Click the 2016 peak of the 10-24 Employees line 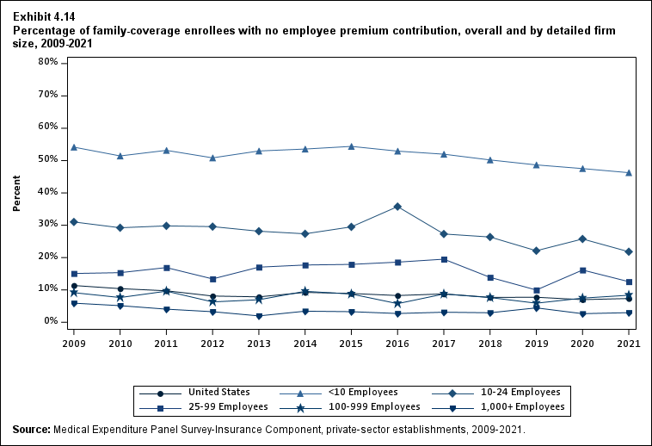[397, 207]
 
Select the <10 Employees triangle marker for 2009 [74, 147]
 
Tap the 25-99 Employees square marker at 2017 [444, 259]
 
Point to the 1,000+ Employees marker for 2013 [259, 316]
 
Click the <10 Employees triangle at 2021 [629, 173]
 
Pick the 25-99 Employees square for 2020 [582, 270]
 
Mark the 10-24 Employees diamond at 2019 [536, 251]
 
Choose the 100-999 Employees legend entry [378, 406]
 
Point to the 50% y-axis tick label [48, 160]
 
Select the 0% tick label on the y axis [51, 322]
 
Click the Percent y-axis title [16, 193]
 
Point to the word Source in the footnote [31, 429]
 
